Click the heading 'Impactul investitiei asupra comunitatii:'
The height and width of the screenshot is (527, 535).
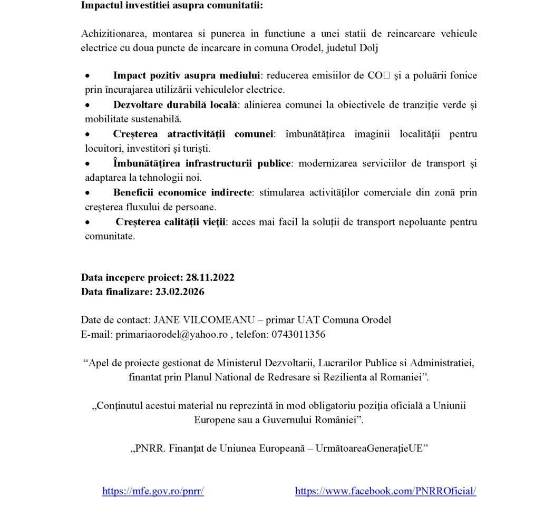click(171, 6)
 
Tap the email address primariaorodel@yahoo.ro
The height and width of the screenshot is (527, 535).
click(171, 334)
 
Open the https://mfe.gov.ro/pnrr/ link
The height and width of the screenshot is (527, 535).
click(153, 491)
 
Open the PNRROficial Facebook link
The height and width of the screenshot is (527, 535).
click(385, 491)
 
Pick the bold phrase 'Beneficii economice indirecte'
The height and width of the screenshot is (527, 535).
click(182, 192)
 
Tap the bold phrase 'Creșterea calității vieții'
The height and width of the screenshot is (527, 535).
click(171, 222)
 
